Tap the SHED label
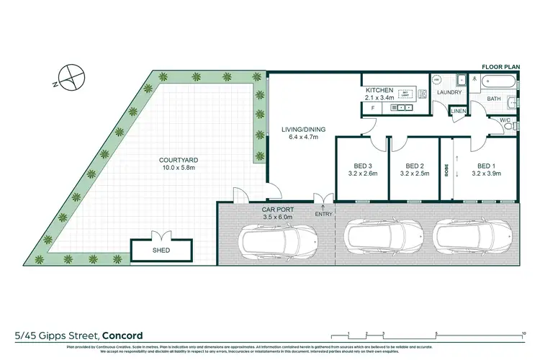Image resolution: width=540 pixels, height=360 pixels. pos(161,251)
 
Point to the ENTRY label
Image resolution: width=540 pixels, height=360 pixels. pos(323,214)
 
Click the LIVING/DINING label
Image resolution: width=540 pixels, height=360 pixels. pos(303,130)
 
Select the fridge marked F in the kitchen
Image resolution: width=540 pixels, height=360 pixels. pos(372,108)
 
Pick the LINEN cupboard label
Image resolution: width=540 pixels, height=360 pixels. pos(458,111)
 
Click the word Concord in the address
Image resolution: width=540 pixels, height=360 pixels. pos(122,336)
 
